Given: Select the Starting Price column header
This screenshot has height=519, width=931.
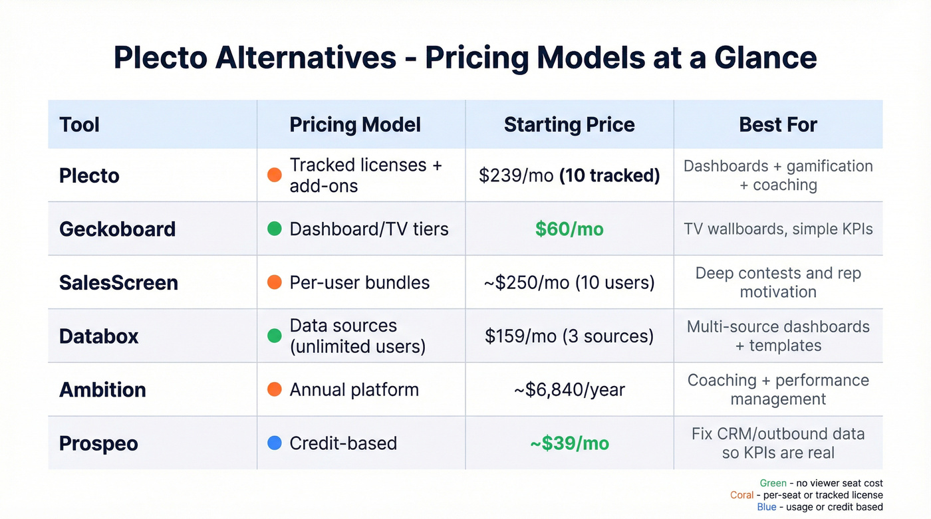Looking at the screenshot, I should pyautogui.click(x=569, y=124).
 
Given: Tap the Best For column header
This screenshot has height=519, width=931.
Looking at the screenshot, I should pyautogui.click(x=778, y=124).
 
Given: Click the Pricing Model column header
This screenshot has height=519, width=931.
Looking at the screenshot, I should pyautogui.click(x=355, y=124).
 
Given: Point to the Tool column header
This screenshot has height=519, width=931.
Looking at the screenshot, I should pyautogui.click(x=79, y=124).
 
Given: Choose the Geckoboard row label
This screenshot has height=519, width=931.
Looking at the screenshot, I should pyautogui.click(x=117, y=229).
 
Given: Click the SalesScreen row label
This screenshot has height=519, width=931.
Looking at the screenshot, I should pyautogui.click(x=118, y=282).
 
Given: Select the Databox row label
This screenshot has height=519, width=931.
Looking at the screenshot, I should pyautogui.click(x=98, y=336).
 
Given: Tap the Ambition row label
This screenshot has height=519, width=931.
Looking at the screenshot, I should pyautogui.click(x=102, y=389).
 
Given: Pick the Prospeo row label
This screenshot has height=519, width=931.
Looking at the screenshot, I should pyautogui.click(x=98, y=443).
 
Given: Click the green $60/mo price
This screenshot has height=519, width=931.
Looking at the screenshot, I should pyautogui.click(x=569, y=229).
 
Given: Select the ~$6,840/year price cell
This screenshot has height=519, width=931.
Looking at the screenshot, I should pyautogui.click(x=569, y=389).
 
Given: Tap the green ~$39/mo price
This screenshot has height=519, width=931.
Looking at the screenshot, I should pyautogui.click(x=569, y=443).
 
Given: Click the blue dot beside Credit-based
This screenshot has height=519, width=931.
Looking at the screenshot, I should pyautogui.click(x=274, y=443).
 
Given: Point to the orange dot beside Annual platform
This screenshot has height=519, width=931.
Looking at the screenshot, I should pyautogui.click(x=274, y=389).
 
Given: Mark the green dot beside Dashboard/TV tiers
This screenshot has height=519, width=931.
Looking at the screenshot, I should pyautogui.click(x=274, y=229).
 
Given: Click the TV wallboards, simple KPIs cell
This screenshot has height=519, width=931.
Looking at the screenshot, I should pyautogui.click(x=778, y=229).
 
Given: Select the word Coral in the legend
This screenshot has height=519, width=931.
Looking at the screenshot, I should pyautogui.click(x=742, y=495).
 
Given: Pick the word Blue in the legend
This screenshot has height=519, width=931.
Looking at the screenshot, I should pyautogui.click(x=766, y=507).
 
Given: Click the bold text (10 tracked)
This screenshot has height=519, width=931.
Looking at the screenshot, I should pyautogui.click(x=610, y=175).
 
